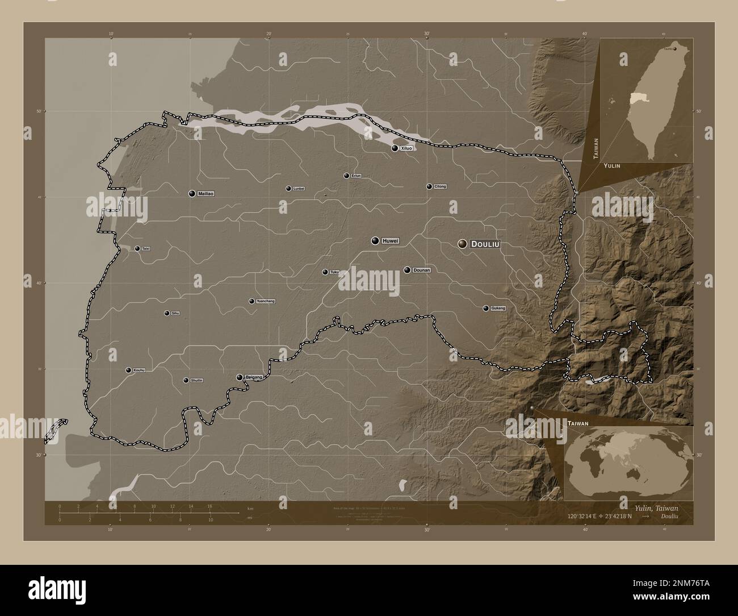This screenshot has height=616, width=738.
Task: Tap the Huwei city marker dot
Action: [x=375, y=241]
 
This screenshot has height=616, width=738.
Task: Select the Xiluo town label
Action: [x=406, y=148]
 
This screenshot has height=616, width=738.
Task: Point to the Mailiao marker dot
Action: [x=192, y=193]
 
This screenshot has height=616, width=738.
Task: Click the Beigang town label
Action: [x=254, y=377]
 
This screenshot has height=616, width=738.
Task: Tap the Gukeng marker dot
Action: [x=485, y=308]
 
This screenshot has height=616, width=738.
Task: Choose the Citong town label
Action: [x=440, y=186]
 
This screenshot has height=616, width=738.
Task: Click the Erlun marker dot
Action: [x=346, y=176]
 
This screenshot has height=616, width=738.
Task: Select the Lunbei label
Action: [x=299, y=188]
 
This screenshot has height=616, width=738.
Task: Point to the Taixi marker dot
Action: [x=137, y=248]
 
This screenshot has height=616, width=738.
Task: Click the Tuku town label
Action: [x=334, y=272]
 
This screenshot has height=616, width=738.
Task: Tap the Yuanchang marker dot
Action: [x=251, y=301]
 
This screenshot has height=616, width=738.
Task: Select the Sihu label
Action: [x=175, y=313]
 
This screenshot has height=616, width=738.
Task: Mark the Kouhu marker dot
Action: [x=128, y=370]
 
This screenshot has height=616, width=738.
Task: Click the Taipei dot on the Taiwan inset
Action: [x=674, y=49]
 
